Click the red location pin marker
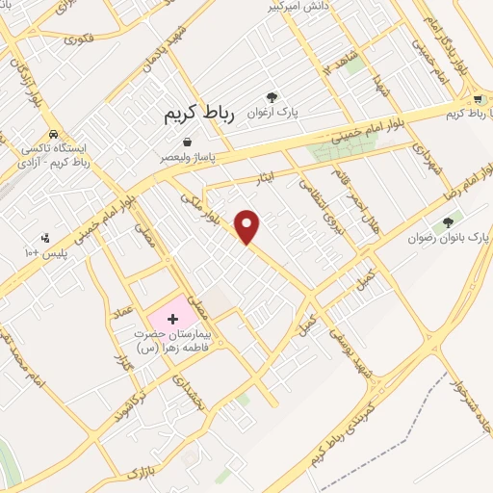(248, 225)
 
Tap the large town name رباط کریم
(193, 114)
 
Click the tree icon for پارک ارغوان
(272, 97)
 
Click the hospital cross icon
(172, 318)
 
